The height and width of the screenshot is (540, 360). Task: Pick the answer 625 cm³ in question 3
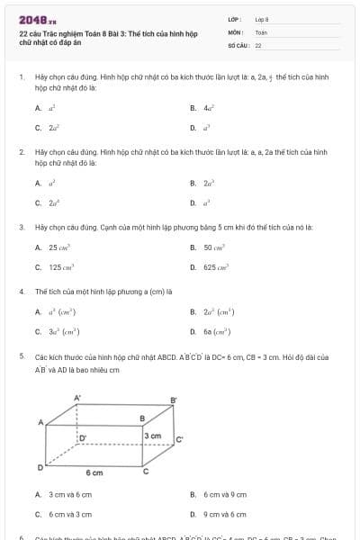(216, 267)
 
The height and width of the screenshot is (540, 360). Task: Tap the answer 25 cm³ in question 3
(58, 247)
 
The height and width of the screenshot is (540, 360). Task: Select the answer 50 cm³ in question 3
(214, 247)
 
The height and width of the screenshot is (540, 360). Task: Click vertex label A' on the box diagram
(77, 396)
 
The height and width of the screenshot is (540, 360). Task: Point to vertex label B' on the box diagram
(175, 400)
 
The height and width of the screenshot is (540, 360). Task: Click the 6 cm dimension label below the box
(94, 472)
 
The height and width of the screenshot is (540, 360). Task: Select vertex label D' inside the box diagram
(83, 437)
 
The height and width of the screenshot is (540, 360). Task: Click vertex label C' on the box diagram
(180, 439)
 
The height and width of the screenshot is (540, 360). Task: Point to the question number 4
(21, 292)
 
